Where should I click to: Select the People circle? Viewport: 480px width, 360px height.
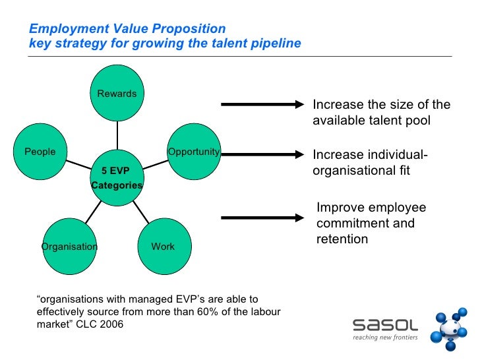40,153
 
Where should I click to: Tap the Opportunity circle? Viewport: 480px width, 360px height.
193,152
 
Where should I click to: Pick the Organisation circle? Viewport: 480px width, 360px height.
69,247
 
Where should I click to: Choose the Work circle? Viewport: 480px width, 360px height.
164,247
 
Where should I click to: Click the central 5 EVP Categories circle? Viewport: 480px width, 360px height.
117,178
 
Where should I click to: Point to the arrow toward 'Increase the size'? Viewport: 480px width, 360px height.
261,104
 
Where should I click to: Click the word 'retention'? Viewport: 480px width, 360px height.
342,239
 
